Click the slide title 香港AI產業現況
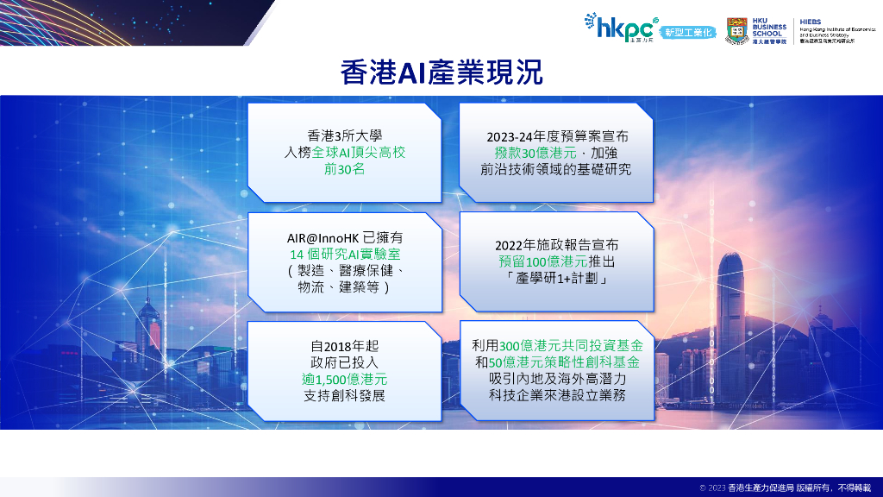(441, 72)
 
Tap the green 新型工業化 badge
(689, 33)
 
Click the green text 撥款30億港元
(526, 152)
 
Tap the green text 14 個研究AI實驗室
(344, 255)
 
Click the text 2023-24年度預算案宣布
(555, 135)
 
